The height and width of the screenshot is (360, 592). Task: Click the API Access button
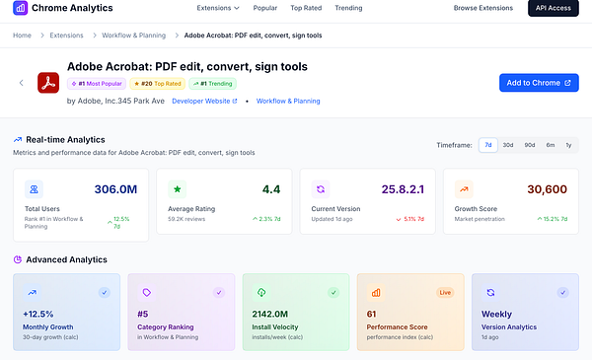(555, 8)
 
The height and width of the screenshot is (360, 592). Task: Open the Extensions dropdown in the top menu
(218, 8)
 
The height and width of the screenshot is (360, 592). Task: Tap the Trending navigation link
(321, 8)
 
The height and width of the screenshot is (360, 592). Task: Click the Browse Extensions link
(483, 8)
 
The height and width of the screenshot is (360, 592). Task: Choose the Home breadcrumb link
(22, 36)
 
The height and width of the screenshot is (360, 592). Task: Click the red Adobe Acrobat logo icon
(48, 83)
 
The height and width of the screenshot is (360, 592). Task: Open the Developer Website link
(204, 101)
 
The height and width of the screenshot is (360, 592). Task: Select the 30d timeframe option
(507, 145)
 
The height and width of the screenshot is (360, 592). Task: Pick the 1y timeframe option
(568, 145)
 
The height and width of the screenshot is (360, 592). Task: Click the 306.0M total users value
(115, 189)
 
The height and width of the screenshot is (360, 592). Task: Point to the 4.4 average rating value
(271, 189)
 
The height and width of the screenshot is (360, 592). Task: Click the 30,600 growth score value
(547, 189)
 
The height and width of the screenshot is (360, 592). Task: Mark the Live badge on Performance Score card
(445, 293)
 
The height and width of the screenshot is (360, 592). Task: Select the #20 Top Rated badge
(159, 84)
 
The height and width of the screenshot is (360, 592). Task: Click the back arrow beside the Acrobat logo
(22, 83)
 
